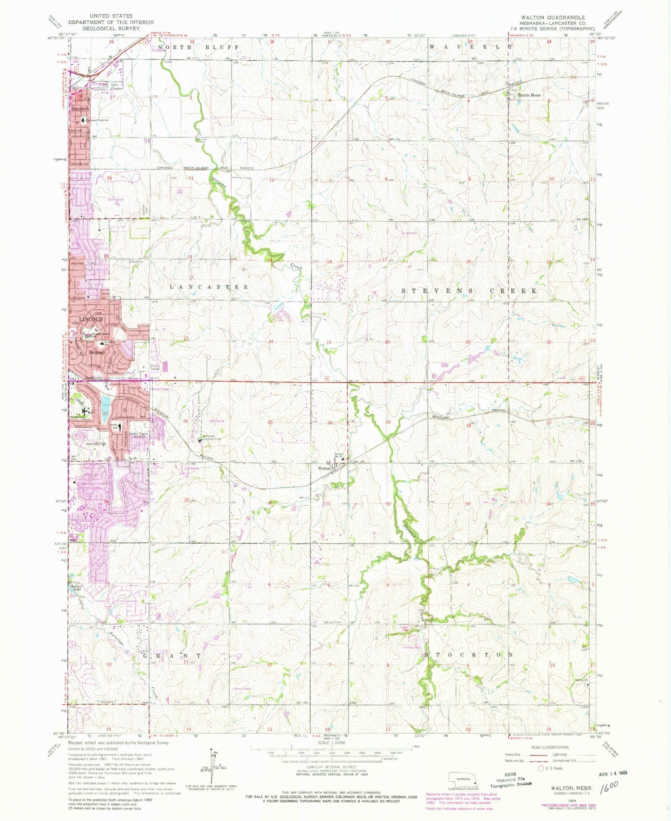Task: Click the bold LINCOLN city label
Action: pos(91,320)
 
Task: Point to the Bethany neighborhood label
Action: pos(97,353)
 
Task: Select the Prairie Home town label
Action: pos(529,95)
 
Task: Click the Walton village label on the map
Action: pos(324,468)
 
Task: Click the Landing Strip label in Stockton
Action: pos(411,647)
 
